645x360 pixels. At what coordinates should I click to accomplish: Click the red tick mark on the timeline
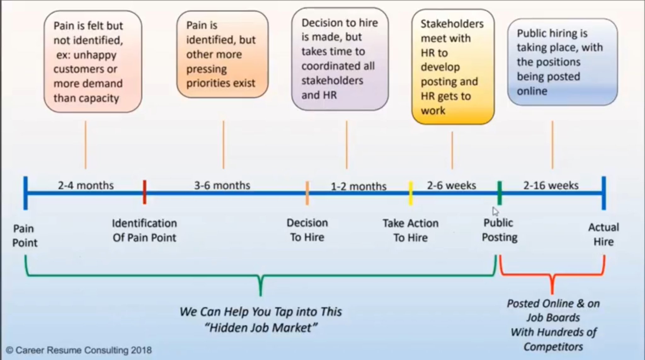click(145, 192)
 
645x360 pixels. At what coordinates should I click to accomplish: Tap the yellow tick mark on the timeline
click(411, 193)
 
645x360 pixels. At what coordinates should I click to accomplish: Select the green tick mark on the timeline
click(499, 193)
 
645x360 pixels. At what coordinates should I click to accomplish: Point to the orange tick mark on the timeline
click(307, 193)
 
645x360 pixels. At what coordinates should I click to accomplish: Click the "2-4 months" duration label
click(86, 185)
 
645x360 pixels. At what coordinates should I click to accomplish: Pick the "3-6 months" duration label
click(222, 185)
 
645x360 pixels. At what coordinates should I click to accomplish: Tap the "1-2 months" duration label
click(358, 186)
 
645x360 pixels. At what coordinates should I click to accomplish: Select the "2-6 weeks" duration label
click(451, 185)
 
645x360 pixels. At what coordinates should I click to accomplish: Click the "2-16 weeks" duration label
click(551, 185)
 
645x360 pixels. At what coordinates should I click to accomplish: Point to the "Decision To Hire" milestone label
click(307, 230)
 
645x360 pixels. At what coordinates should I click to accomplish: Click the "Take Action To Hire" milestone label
click(410, 230)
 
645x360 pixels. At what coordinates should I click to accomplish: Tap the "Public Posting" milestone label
click(499, 230)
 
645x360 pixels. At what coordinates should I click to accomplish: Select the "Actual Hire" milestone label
click(603, 234)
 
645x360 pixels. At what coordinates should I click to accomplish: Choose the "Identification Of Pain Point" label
click(144, 230)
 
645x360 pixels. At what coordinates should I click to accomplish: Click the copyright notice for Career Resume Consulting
click(79, 350)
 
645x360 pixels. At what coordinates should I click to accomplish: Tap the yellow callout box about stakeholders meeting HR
click(453, 67)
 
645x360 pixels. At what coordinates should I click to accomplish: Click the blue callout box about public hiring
click(562, 62)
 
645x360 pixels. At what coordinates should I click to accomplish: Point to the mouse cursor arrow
click(495, 211)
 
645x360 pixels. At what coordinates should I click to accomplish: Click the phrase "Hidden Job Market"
click(261, 328)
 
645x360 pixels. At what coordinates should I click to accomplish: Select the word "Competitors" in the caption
click(553, 346)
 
